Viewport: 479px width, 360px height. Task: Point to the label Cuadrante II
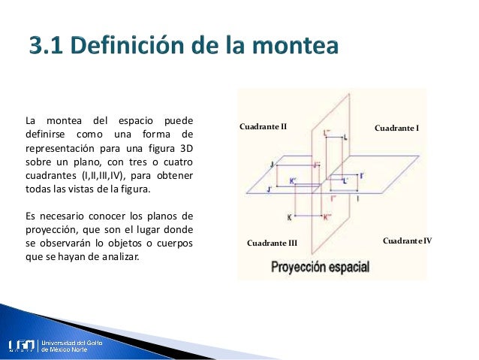264,126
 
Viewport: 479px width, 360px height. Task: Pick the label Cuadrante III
273,244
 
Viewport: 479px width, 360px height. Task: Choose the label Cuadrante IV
407,241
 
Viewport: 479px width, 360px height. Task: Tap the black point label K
289,217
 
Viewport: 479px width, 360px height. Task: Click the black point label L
345,138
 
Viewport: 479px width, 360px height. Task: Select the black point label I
357,198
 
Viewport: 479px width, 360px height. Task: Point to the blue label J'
269,190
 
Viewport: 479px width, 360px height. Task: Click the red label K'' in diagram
327,217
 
